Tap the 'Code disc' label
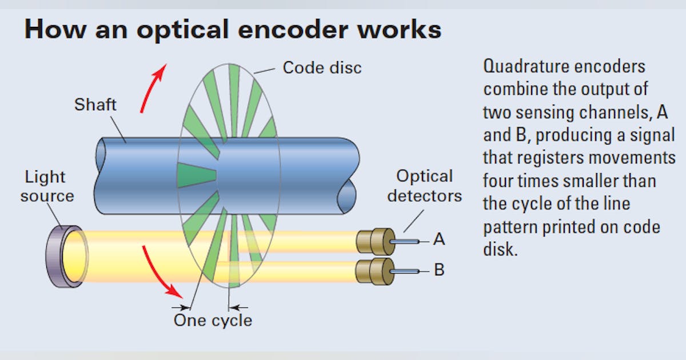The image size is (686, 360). tap(322, 67)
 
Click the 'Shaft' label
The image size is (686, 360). tap(95, 105)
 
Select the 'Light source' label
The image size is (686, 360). tap(47, 187)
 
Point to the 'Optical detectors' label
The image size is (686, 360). tap(424, 186)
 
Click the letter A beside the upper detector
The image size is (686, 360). tap(439, 239)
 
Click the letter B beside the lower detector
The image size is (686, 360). tap(439, 269)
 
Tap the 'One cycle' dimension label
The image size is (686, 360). tap(213, 320)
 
